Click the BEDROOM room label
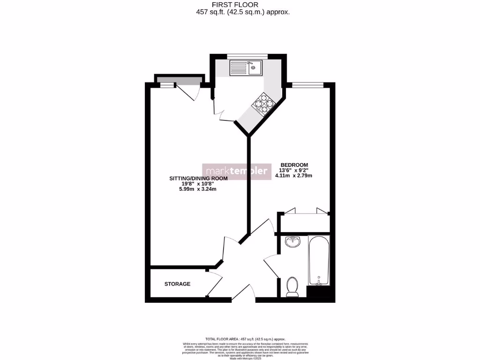coord(294,165)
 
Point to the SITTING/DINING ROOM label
coord(198,178)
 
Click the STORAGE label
coord(177,284)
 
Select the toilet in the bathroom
coord(292,286)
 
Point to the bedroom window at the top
coord(308,85)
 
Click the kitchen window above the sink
coord(247,57)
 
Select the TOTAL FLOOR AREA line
coord(245,339)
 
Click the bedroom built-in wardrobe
coord(305,220)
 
